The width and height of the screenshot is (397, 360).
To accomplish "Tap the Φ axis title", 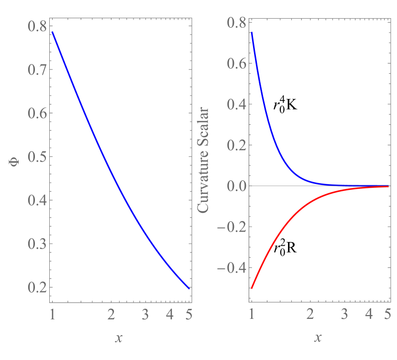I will click(14, 163).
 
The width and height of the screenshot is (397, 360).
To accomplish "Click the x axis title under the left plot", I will click(119, 338).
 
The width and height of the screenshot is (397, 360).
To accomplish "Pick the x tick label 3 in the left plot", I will click(146, 314).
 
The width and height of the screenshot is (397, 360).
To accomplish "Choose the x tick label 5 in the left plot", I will click(189, 314).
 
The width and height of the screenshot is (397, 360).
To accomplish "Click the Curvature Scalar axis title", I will click(203, 161).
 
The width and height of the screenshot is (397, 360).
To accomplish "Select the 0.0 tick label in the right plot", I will click(235, 185).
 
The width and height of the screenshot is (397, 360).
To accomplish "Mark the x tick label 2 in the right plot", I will click(310, 314).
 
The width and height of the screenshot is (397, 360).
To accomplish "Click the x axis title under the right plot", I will click(318, 338).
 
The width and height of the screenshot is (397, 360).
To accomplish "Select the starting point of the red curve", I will click(252, 288).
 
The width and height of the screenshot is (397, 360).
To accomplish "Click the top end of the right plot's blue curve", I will click(252, 33).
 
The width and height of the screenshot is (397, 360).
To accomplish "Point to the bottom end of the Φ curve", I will click(189, 288).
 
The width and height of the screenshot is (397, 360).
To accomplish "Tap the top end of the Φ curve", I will click(52, 33).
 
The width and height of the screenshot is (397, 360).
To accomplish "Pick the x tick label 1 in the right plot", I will click(251, 314).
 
